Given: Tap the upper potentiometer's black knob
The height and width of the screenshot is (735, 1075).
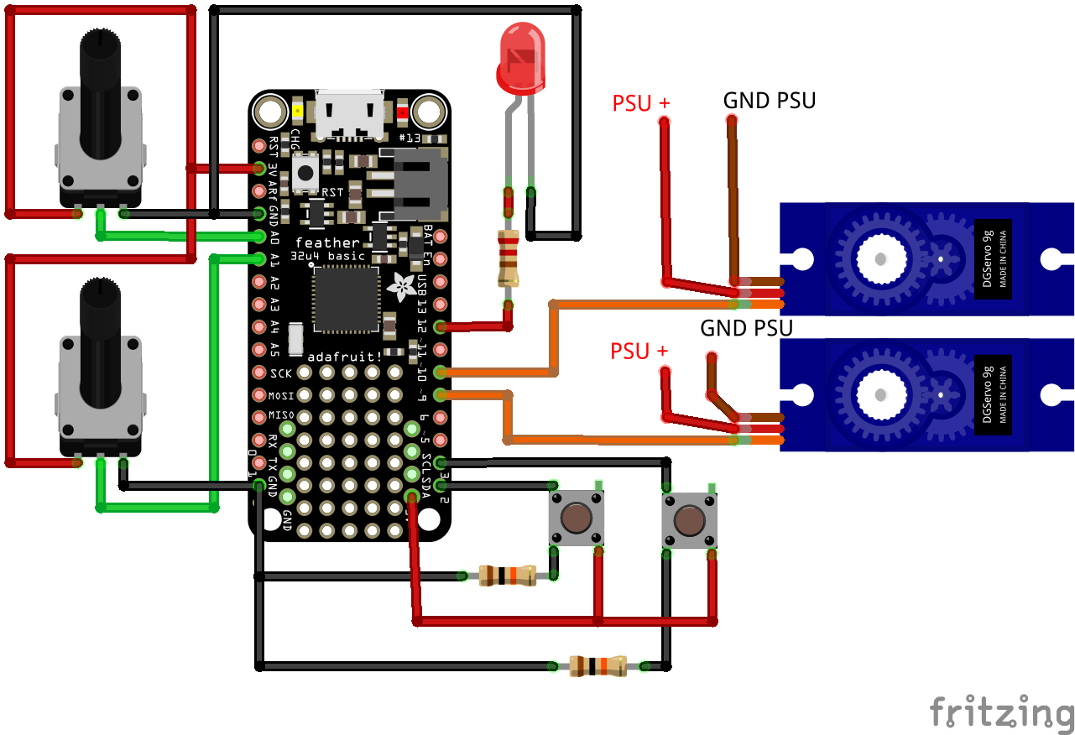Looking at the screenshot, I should (101, 92).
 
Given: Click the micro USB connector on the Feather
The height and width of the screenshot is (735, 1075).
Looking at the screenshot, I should (349, 113).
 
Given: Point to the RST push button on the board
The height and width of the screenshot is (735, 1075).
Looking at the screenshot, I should (305, 173).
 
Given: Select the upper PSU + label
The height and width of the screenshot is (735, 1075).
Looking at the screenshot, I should (641, 103).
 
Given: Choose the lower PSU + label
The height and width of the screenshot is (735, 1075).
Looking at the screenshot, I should (639, 351).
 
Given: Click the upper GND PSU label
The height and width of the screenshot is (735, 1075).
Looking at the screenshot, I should (770, 102).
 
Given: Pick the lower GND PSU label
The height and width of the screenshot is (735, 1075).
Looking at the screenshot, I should (747, 328).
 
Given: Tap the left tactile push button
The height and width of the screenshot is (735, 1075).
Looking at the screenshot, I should (576, 518).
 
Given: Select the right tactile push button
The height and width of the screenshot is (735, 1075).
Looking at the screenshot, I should (689, 521).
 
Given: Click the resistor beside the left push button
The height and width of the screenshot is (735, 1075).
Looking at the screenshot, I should (507, 576).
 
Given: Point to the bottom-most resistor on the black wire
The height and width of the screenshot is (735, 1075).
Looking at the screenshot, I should (598, 666).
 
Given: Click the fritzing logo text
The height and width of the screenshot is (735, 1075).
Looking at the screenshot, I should (1001, 712).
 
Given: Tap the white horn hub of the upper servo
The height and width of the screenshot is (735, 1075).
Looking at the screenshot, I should (881, 258).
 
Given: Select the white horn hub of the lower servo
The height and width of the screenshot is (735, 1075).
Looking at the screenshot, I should (881, 394).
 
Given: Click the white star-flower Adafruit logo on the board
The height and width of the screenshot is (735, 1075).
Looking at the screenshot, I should (401, 286).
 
